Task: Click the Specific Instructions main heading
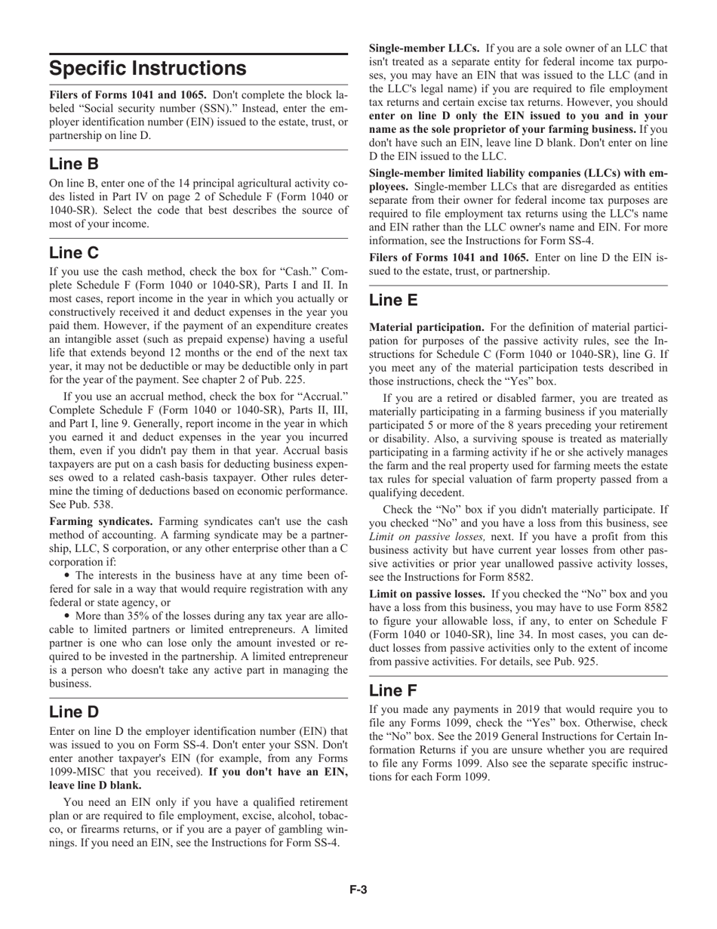(148, 69)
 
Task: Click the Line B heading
(74, 164)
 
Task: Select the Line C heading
(74, 252)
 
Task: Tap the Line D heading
(74, 712)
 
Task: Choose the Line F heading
(393, 690)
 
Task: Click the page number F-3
(358, 890)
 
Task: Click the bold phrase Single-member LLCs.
(423, 48)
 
